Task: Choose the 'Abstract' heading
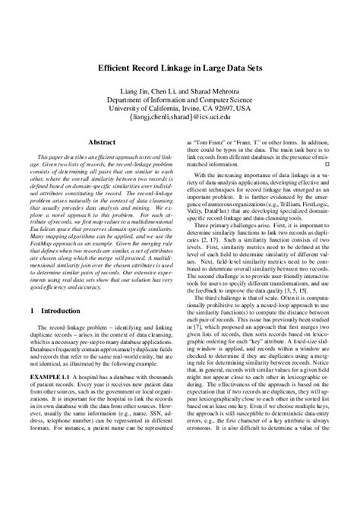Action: [102, 142]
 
